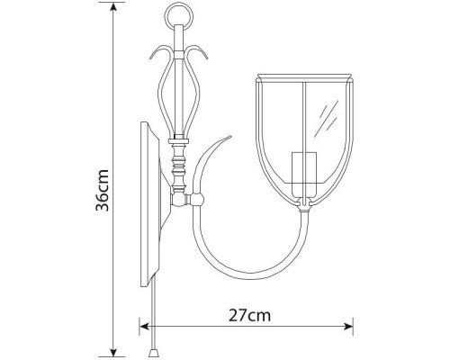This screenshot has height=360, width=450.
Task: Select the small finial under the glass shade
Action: [307, 208]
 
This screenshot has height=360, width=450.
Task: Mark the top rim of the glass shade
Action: [306, 75]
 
